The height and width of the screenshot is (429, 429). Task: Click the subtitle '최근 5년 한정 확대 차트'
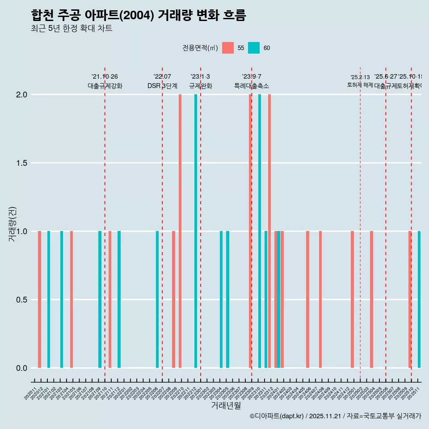[71, 29]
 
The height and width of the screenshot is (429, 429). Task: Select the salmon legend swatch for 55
[227, 48]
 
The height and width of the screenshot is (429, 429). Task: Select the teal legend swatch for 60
[254, 48]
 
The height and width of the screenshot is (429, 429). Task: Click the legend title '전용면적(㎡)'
[200, 48]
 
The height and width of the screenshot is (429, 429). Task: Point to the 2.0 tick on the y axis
[22, 95]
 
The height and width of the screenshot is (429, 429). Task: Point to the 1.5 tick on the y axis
[22, 163]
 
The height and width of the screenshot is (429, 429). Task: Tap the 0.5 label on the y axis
[22, 299]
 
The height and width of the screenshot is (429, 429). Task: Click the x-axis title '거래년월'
[226, 406]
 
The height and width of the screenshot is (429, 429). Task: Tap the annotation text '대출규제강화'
[105, 86]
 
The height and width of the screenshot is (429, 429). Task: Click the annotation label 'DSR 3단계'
[162, 86]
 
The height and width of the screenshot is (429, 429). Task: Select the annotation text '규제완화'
[200, 86]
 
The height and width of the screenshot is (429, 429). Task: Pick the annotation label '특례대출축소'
[252, 86]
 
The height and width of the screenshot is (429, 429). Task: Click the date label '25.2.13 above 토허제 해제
[360, 77]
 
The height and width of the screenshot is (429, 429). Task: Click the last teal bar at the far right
[419, 299]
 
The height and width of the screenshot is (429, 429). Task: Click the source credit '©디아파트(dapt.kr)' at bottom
[277, 416]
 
